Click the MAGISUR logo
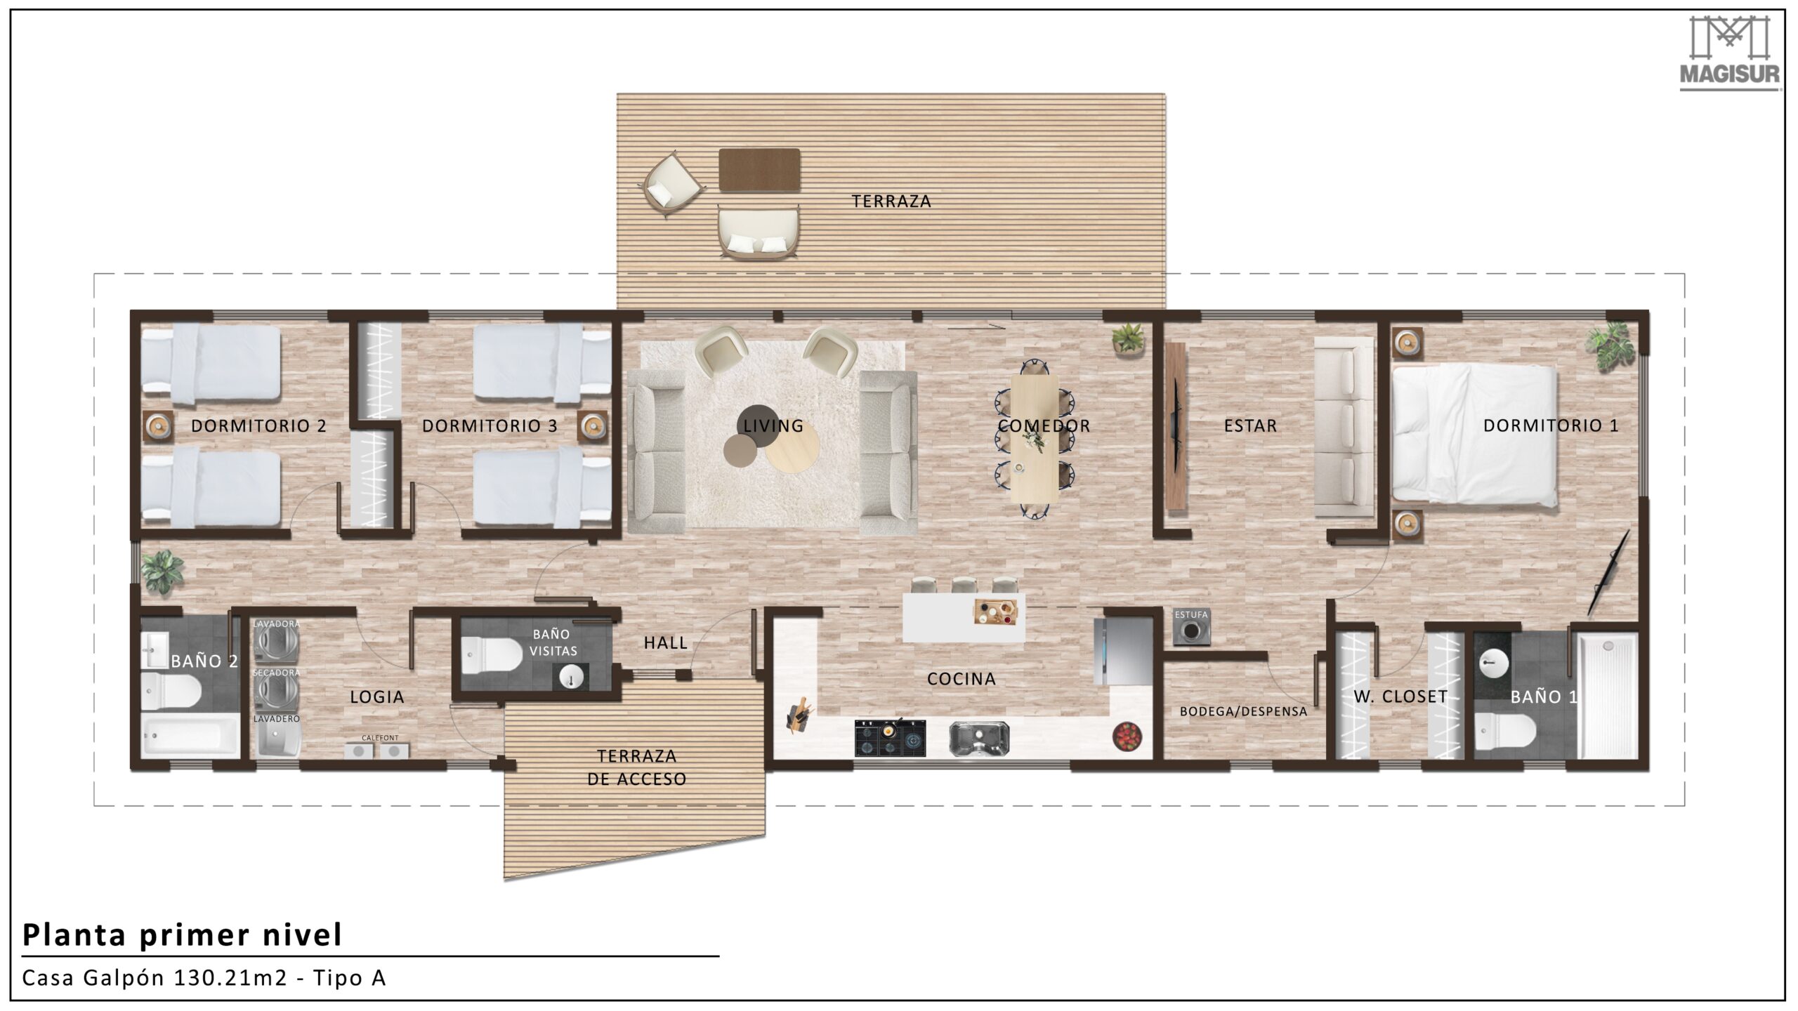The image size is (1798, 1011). (1729, 60)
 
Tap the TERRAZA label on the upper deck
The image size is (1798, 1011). (891, 201)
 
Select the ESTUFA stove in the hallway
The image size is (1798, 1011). (1191, 630)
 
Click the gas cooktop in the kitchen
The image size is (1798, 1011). (890, 738)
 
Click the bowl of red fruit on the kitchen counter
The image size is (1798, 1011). (1127, 736)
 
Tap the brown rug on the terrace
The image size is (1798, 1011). (759, 169)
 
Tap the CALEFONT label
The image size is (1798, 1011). (380, 738)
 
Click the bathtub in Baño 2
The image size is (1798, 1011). (190, 735)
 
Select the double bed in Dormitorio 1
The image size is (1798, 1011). (1474, 437)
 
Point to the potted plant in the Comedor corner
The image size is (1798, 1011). (1128, 338)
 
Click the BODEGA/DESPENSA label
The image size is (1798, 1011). (1243, 711)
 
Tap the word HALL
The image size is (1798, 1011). (666, 642)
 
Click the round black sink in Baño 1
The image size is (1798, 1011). (1494, 662)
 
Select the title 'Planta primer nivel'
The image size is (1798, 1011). (183, 935)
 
